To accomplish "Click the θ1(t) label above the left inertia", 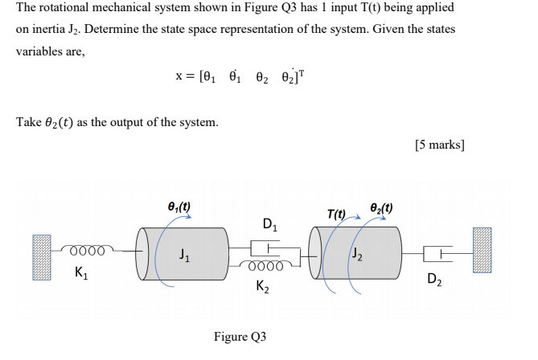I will pyautogui.click(x=177, y=206).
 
